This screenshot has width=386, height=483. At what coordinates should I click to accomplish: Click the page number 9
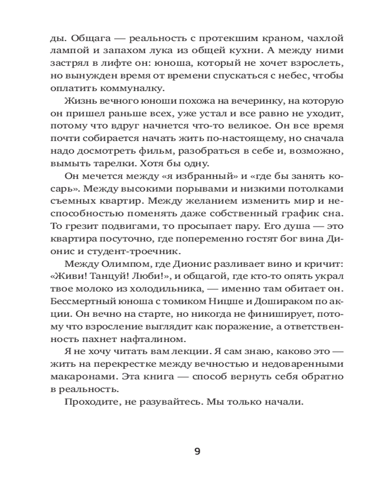[197, 452]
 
